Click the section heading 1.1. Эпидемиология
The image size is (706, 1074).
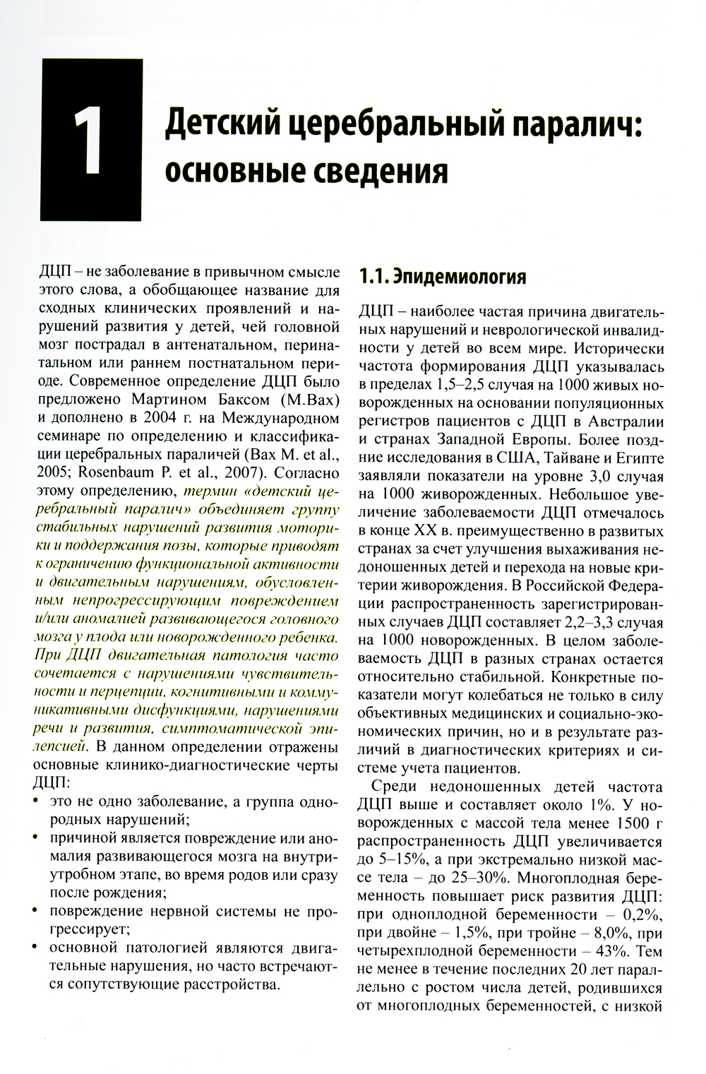442,276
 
